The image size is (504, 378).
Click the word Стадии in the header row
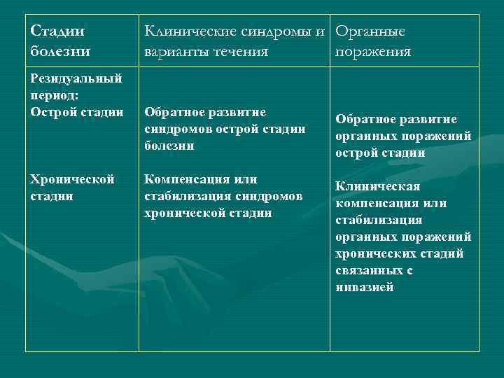pos(58,32)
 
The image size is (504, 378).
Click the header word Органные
pos(370,32)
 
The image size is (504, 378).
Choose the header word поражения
pos(373,52)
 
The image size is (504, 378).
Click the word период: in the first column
pos(54,94)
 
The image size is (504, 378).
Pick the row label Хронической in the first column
pos(72,180)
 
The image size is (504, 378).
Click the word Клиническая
pos(377,186)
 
